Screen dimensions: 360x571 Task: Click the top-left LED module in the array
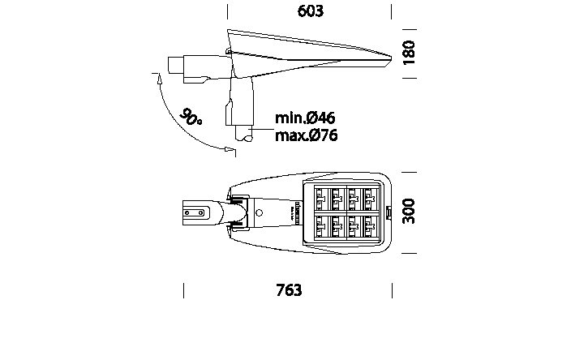pos(320,198)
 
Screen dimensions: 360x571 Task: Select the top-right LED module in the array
pos(370,198)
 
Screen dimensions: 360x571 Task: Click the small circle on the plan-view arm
pos(259,212)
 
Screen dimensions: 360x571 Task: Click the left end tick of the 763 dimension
pos(184,290)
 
